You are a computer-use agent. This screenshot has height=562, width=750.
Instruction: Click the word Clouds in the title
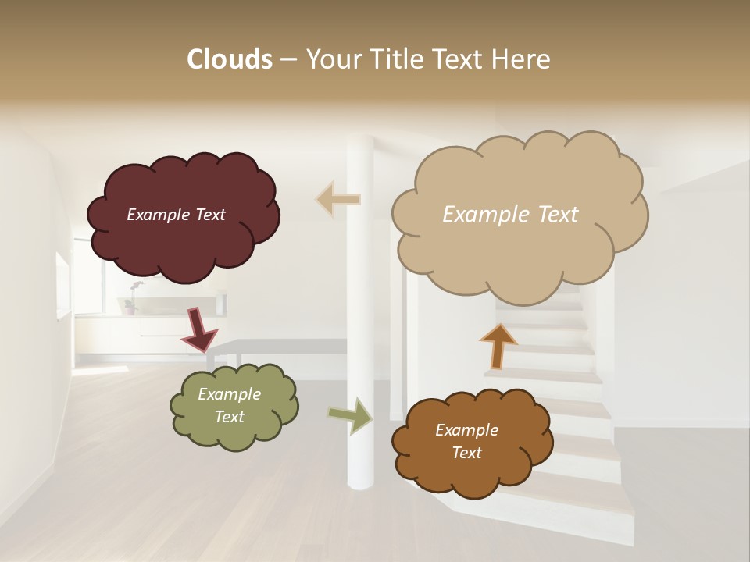pos(229,59)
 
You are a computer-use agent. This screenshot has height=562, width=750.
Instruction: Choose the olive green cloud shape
pos(234,429)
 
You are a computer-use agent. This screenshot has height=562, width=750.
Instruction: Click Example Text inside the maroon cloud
pos(176,215)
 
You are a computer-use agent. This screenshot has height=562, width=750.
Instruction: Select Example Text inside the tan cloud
pos(510,215)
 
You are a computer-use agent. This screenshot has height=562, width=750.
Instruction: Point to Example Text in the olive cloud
pos(229,405)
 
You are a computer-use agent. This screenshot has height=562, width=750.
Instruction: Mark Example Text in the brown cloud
pos(466,441)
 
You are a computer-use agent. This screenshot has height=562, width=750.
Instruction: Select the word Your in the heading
pos(330,59)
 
